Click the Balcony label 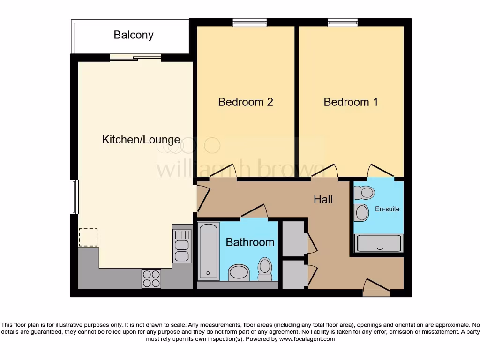(x=134, y=35)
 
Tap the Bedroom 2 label (x=246, y=102)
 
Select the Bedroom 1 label (x=351, y=102)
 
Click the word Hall (x=323, y=200)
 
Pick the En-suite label (x=387, y=209)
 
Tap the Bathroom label (x=250, y=242)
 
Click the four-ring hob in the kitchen (x=151, y=278)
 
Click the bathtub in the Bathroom (x=208, y=251)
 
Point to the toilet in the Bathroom (x=265, y=269)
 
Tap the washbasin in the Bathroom (x=240, y=272)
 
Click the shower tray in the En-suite (x=379, y=244)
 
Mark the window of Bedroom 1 (x=343, y=22)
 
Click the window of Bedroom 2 (x=250, y=22)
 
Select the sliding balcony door (x=135, y=58)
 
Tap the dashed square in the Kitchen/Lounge (x=88, y=237)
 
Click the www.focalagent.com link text (x=307, y=339)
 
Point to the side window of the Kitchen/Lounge (x=74, y=197)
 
